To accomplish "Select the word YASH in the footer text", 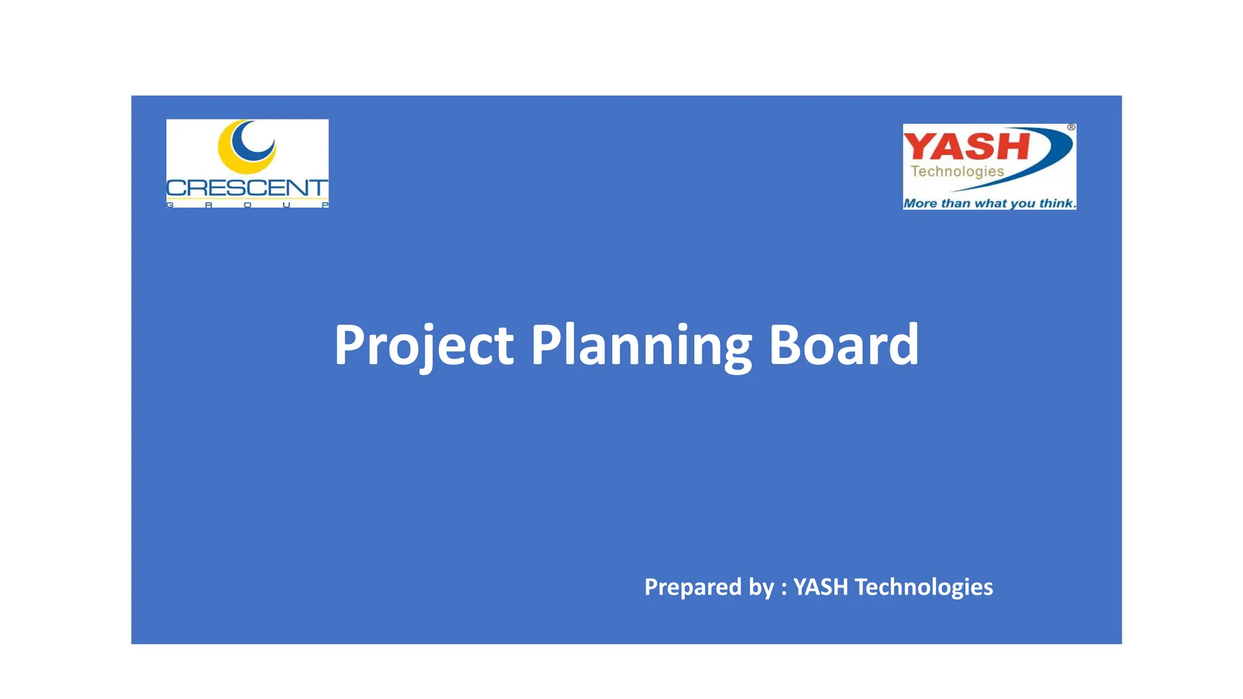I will (x=821, y=587).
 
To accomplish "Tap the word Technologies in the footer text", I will (x=924, y=587).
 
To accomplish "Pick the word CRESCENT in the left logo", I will (x=247, y=187).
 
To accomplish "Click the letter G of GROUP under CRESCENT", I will (x=171, y=205).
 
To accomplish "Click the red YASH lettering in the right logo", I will (x=966, y=147).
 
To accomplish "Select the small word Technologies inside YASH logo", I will (x=957, y=172).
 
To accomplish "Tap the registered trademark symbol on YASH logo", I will (x=1071, y=127).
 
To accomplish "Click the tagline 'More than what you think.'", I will (x=989, y=203).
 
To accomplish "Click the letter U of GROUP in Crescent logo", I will (x=286, y=205).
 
